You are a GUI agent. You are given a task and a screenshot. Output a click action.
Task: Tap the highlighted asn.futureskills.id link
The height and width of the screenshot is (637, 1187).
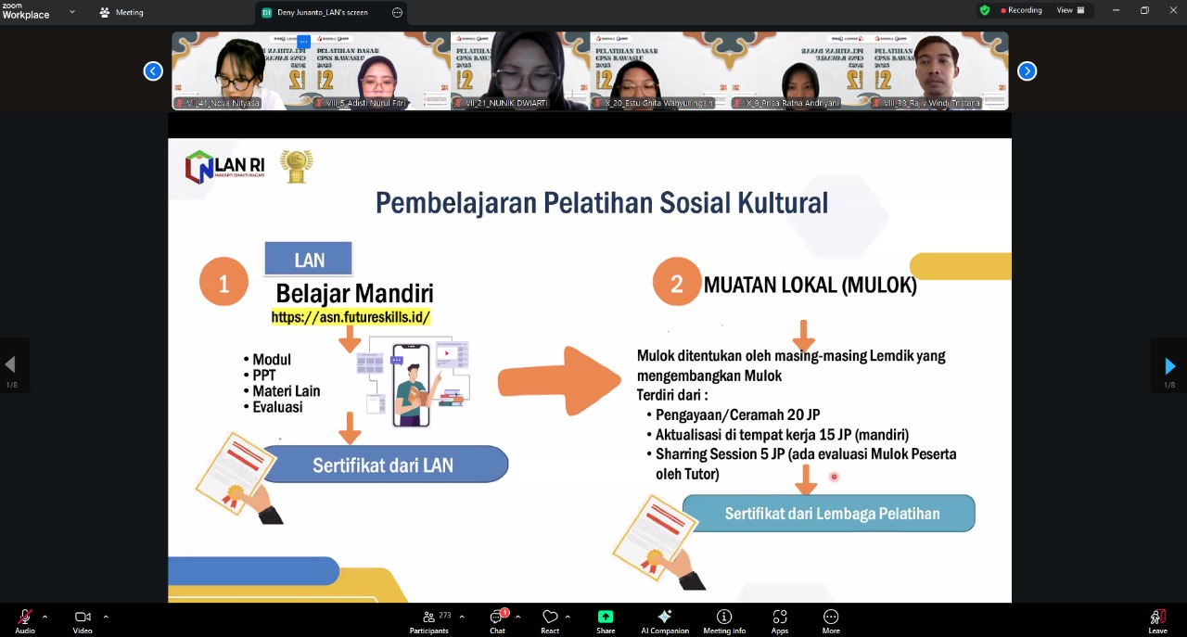[x=351, y=317]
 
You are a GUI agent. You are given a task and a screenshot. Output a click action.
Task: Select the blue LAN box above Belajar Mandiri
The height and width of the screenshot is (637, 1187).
[x=309, y=259]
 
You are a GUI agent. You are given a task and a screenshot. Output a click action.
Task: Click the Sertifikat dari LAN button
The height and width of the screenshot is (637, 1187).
[x=384, y=465]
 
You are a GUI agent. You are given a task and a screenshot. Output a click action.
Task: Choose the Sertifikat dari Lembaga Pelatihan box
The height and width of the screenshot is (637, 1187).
[x=831, y=514]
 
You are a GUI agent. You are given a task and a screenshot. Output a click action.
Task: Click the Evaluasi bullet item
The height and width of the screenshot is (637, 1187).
[x=277, y=407]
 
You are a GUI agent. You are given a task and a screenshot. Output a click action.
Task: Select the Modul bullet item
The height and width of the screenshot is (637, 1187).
[x=272, y=360]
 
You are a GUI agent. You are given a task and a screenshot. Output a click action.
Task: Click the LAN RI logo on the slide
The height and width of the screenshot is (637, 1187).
[x=225, y=167]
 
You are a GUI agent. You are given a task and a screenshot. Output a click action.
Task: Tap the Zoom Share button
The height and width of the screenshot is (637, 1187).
[x=606, y=620]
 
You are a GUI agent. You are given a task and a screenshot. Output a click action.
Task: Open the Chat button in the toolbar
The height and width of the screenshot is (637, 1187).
[x=498, y=620]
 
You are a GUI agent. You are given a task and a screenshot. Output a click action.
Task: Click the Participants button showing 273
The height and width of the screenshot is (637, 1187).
[x=429, y=620]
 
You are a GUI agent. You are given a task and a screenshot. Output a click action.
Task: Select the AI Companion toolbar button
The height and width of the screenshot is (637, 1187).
[x=665, y=620]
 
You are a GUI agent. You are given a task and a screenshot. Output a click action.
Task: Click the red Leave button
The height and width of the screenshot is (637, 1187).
[x=1157, y=620]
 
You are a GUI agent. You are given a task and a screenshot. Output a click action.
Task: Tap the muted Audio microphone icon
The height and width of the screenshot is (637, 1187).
[x=25, y=618]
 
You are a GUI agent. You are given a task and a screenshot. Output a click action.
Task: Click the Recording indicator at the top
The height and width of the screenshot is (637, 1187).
[x=1021, y=10]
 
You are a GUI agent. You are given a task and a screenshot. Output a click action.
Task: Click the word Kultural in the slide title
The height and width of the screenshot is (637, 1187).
[x=776, y=202]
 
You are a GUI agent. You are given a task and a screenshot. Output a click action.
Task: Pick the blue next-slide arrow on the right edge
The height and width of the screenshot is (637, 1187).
[x=1169, y=366]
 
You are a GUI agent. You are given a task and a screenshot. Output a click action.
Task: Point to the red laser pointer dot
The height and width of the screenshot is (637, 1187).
[x=834, y=477]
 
